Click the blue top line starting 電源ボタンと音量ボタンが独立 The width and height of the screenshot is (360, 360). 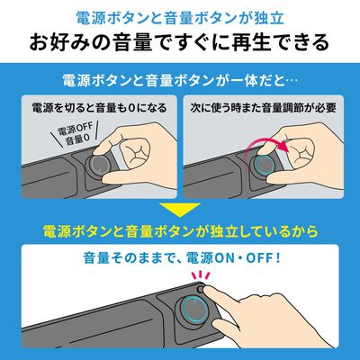[x=180, y=15]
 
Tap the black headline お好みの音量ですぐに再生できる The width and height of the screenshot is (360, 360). [x=180, y=41]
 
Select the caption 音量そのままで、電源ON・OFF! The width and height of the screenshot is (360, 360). [x=180, y=260]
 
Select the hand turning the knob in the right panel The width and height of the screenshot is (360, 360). [x=315, y=148]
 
